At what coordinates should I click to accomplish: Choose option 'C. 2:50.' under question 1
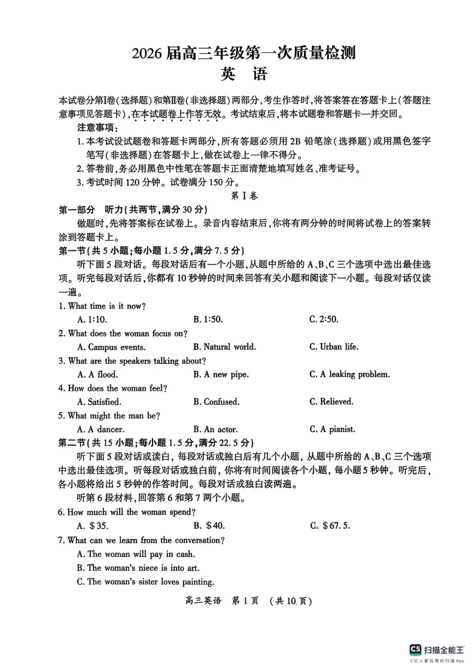325,320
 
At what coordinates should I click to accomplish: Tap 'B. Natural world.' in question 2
224,347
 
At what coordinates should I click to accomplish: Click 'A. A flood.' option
98,375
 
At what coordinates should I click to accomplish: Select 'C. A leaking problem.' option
349,375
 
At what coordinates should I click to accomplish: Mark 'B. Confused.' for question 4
216,402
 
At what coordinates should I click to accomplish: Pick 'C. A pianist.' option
332,430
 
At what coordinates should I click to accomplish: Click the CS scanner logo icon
415,649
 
